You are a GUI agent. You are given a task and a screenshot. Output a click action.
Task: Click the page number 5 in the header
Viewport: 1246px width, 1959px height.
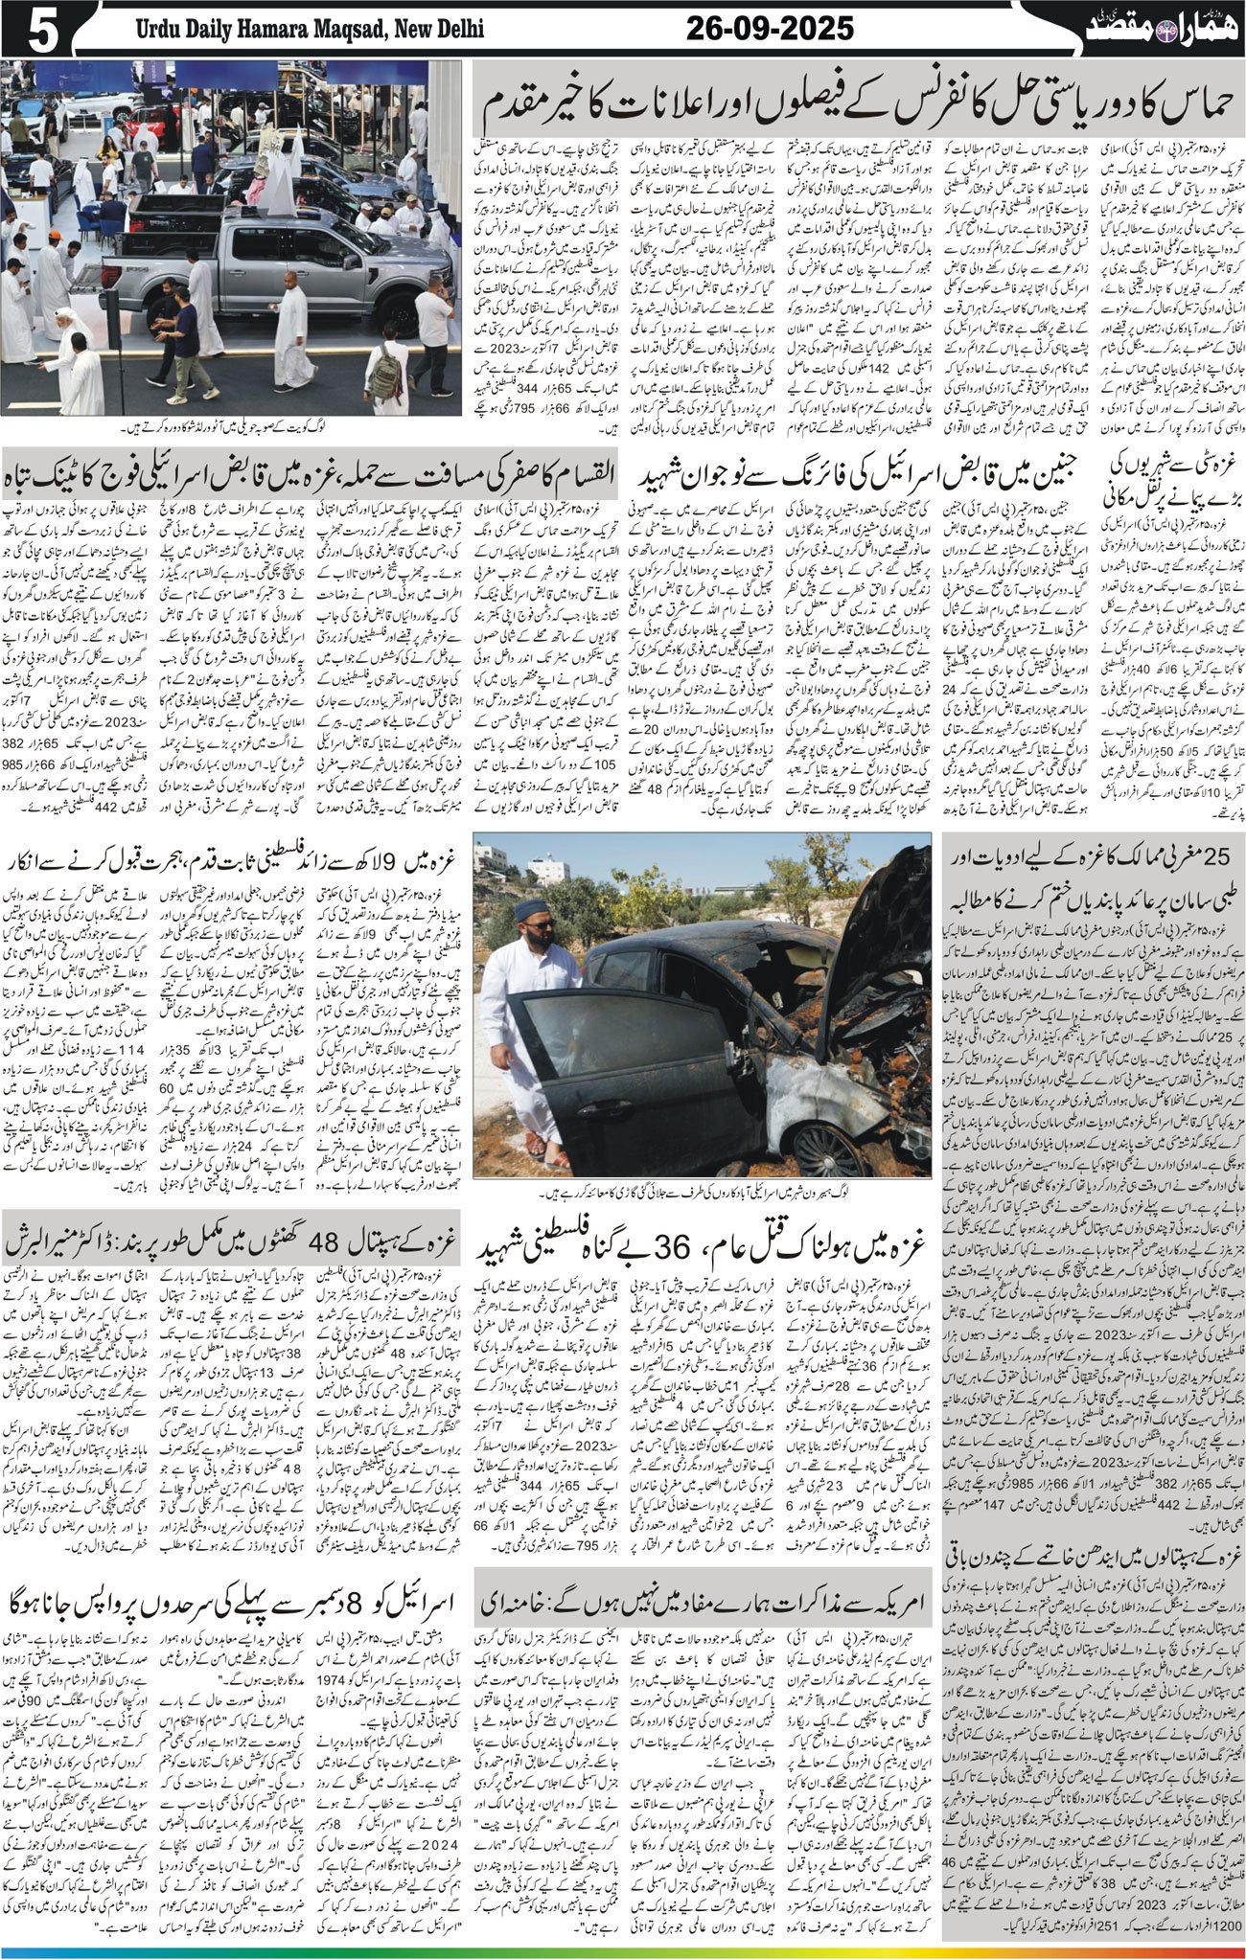click(42, 32)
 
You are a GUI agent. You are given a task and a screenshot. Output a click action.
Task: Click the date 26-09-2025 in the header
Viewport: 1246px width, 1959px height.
click(770, 30)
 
